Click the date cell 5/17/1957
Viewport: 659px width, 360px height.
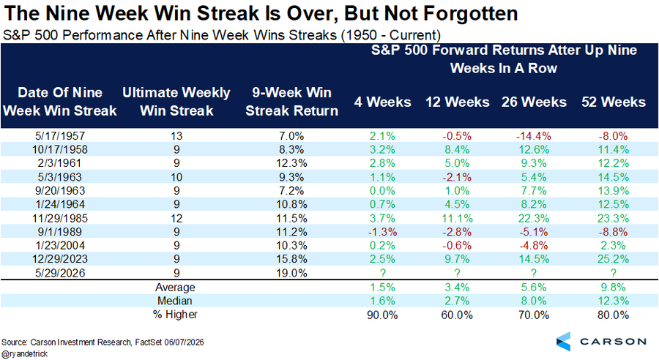pyautogui.click(x=60, y=136)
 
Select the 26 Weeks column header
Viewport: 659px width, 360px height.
pyautogui.click(x=534, y=102)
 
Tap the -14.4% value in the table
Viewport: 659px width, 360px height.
pyautogui.click(x=533, y=136)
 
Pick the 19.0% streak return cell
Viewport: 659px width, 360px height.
pyautogui.click(x=291, y=273)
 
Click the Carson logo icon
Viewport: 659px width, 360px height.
pyautogui.click(x=564, y=342)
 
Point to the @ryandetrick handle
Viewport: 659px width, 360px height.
pyautogui.click(x=24, y=354)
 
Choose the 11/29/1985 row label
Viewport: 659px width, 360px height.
pyautogui.click(x=60, y=219)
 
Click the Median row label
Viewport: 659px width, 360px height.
pyautogui.click(x=175, y=301)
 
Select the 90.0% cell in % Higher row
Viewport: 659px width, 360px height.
pyautogui.click(x=382, y=315)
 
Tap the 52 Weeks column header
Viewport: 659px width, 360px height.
pyautogui.click(x=613, y=102)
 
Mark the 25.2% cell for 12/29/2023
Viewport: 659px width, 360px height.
pyautogui.click(x=613, y=259)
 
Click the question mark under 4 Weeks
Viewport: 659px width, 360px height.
pyautogui.click(x=382, y=273)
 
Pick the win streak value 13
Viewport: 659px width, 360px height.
pyautogui.click(x=176, y=136)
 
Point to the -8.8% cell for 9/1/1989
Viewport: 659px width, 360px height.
pyautogui.click(x=613, y=232)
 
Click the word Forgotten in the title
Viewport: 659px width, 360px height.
pyautogui.click(x=470, y=13)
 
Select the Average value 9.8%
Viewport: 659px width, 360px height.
pyautogui.click(x=613, y=288)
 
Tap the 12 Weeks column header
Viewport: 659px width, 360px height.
pyautogui.click(x=457, y=102)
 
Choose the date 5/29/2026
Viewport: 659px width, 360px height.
pyautogui.click(x=60, y=273)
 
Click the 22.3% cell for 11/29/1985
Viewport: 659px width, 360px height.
pyautogui.click(x=533, y=219)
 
